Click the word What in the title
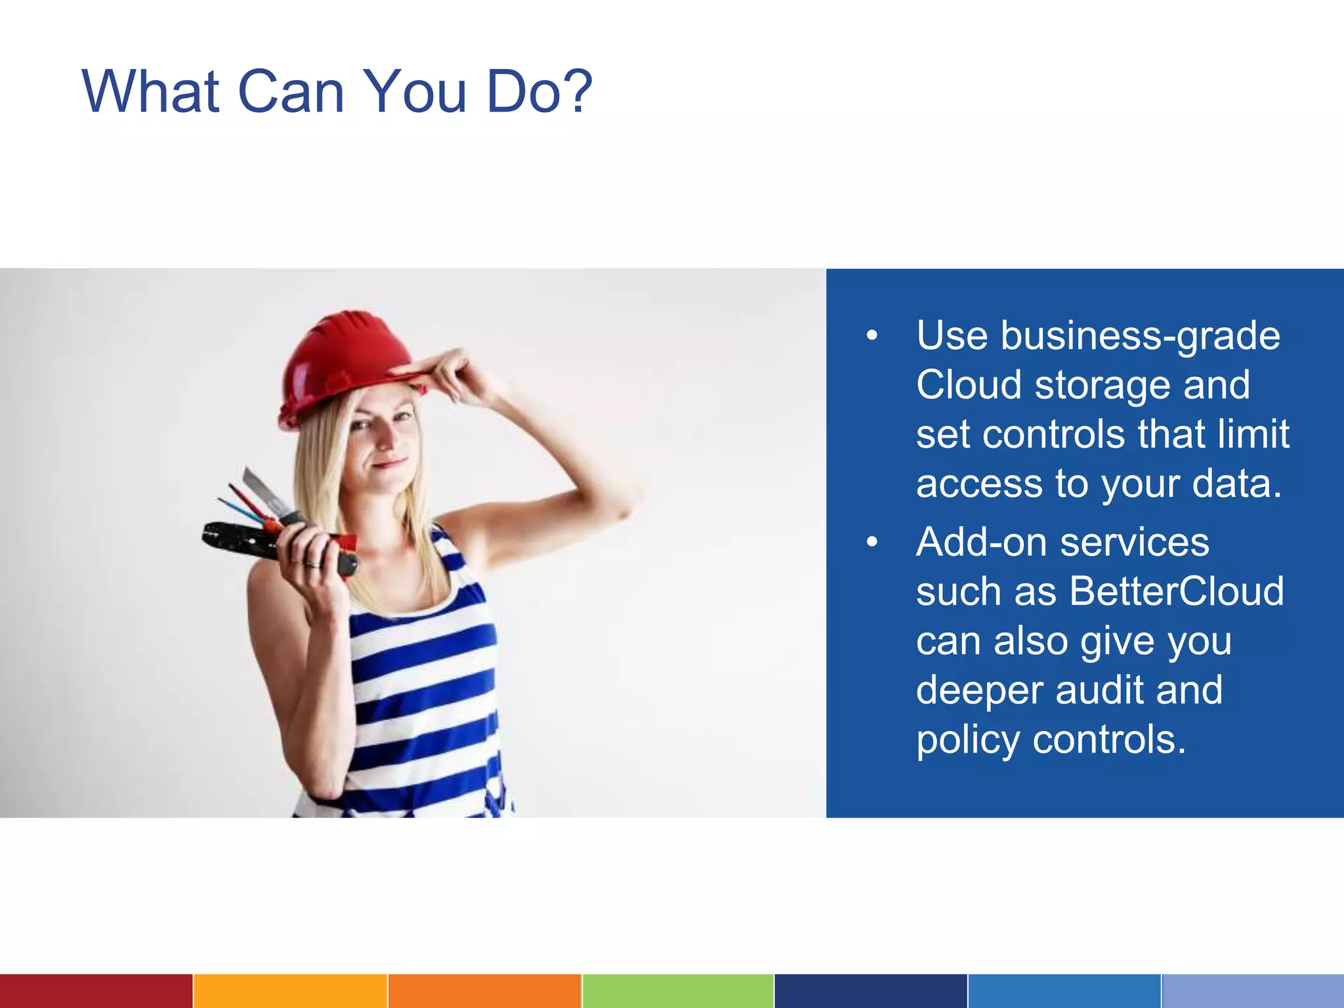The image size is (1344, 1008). coord(150,91)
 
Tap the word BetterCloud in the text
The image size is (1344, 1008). coord(1176,591)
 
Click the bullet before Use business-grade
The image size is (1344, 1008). coord(871,336)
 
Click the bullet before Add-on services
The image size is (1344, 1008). coord(871,542)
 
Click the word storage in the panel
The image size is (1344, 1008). coord(1102,385)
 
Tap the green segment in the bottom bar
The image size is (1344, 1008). coord(677,991)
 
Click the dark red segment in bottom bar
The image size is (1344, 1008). coord(96,991)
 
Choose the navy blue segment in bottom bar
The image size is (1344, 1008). coord(870,991)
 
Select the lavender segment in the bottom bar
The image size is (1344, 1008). coord(1252,991)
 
